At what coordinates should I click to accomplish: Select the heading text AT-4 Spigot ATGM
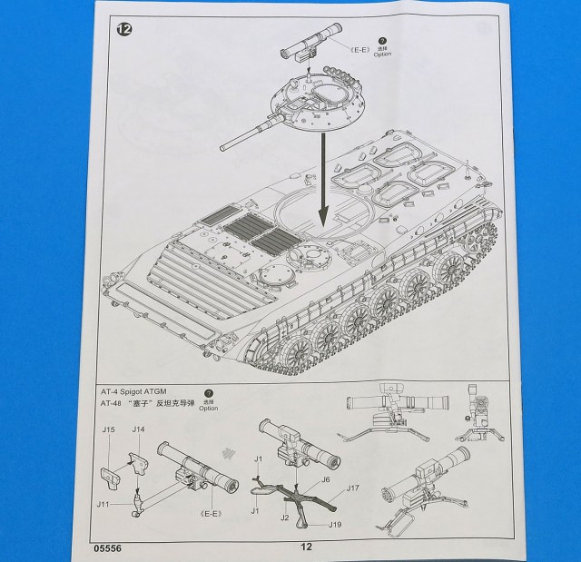click(134, 389)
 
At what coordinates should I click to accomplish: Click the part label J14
click(138, 429)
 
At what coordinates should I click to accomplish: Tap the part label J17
click(354, 489)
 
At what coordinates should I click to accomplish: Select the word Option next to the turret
click(382, 54)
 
